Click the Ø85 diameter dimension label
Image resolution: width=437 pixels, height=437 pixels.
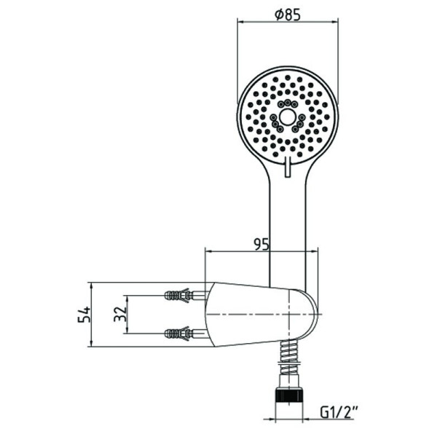pyautogui.click(x=288, y=15)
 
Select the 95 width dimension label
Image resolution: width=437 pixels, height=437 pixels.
pyautogui.click(x=261, y=245)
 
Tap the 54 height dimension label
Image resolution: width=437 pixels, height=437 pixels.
pyautogui.click(x=84, y=315)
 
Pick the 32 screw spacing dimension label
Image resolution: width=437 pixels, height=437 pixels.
pyautogui.click(x=120, y=314)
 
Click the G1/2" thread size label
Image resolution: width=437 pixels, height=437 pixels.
pyautogui.click(x=339, y=412)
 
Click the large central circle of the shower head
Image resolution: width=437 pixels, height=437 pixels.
pyautogui.click(x=287, y=117)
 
